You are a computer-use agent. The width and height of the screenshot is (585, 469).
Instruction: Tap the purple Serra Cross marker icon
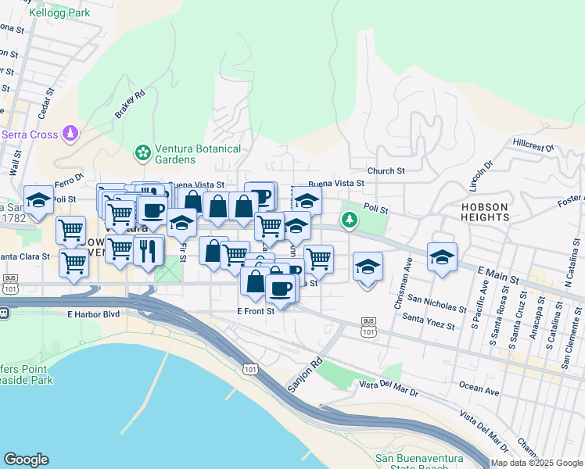pos(70,134)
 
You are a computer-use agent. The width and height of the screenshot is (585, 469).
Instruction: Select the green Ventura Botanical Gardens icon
pos(143,152)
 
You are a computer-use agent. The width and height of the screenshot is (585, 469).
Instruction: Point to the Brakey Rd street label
pos(131,105)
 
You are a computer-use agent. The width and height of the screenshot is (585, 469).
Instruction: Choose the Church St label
pos(386,170)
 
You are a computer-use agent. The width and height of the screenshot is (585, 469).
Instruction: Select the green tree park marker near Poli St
pos(350,220)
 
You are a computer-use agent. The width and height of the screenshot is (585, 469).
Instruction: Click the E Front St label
pos(256,310)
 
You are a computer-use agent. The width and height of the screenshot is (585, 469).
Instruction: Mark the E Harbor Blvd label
pos(91,314)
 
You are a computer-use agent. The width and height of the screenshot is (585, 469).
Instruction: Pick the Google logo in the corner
pos(26,460)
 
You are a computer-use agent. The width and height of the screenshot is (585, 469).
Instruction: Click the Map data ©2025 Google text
pos(537,463)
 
